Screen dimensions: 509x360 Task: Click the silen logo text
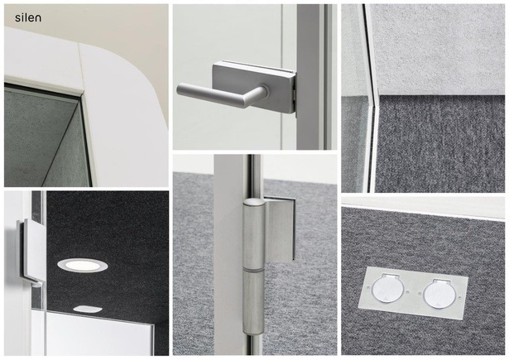pyautogui.click(x=28, y=17)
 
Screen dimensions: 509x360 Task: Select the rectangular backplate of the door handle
pyautogui.click(x=254, y=87)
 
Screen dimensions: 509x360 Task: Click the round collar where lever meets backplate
pyautogui.click(x=264, y=92)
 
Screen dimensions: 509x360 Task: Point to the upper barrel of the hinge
pyautogui.click(x=254, y=233)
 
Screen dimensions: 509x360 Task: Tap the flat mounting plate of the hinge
pyautogui.click(x=280, y=228)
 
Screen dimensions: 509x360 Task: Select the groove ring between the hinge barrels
pyautogui.click(x=254, y=270)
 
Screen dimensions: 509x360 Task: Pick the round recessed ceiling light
pyautogui.click(x=83, y=265)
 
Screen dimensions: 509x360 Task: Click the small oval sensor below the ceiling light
pyautogui.click(x=88, y=309)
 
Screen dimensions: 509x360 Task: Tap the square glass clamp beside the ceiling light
pyautogui.click(x=32, y=251)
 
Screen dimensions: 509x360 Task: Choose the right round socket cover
pyautogui.click(x=440, y=293)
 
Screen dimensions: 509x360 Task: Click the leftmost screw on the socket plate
pyautogui.click(x=367, y=288)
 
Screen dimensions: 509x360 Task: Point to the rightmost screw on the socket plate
pyautogui.click(x=460, y=297)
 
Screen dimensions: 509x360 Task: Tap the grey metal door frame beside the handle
pyautogui.click(x=309, y=77)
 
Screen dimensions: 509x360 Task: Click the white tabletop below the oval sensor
pyautogui.click(x=98, y=334)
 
